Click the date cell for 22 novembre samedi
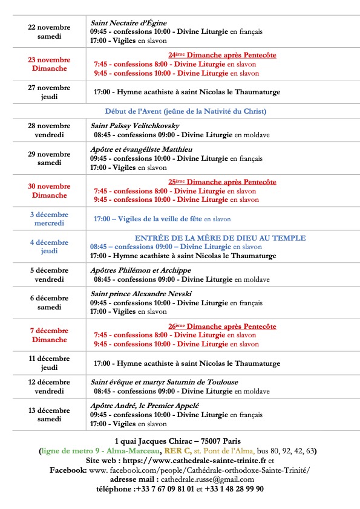point(49,32)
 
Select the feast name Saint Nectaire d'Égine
point(128,23)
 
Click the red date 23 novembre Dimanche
point(49,64)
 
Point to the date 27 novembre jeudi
point(49,92)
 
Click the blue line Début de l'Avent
point(186,111)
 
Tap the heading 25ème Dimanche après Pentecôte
point(222,181)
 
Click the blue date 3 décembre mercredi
point(49,219)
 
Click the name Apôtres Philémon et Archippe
point(140,270)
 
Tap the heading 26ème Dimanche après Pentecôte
point(222,326)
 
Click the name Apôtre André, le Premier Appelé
point(145,406)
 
